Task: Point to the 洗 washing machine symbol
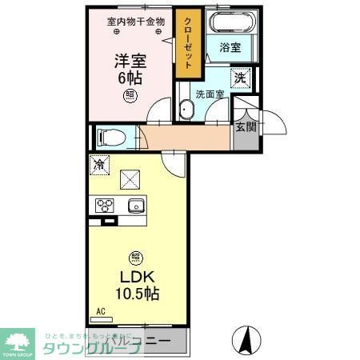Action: tap(239, 78)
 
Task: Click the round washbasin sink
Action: tap(186, 109)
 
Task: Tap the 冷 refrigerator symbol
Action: tap(99, 165)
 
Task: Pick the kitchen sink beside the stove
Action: tap(134, 206)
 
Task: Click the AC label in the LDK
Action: tap(101, 310)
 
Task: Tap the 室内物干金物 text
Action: tap(136, 22)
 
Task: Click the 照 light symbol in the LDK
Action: tap(135, 258)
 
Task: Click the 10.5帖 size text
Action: tap(137, 293)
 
